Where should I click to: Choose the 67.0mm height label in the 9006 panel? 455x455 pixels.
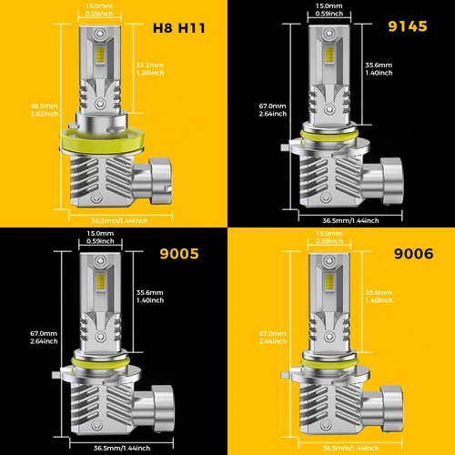point(271,338)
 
